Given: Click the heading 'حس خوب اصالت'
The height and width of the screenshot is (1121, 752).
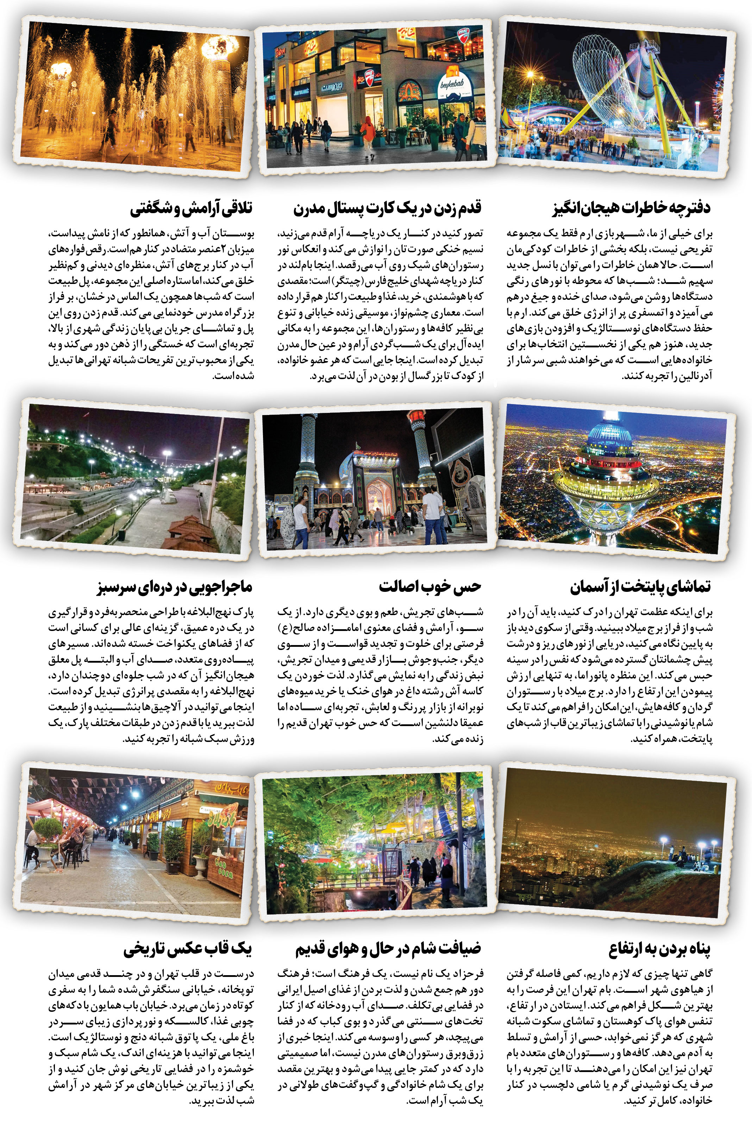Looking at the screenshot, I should [430, 587].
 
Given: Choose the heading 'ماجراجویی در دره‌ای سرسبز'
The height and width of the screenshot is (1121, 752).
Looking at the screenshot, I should [175, 587].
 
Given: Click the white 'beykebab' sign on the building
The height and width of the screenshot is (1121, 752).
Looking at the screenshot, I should [453, 86].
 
